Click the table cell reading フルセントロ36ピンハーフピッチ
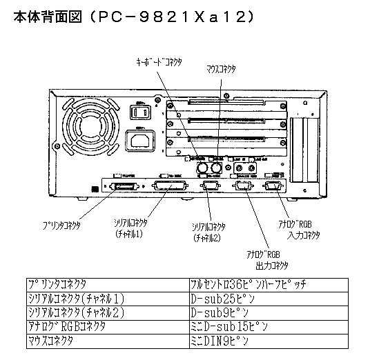248,284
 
